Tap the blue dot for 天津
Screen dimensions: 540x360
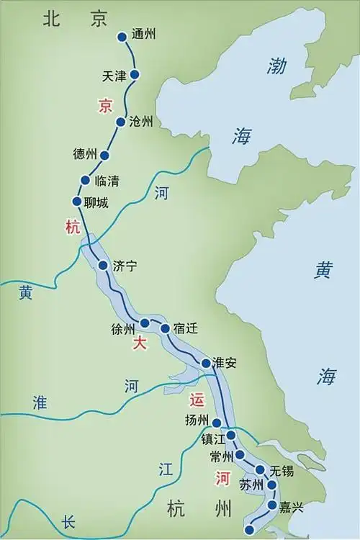click(134, 74)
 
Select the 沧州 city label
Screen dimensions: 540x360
click(141, 122)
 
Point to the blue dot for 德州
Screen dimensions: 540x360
click(104, 155)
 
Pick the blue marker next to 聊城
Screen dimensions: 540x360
click(77, 202)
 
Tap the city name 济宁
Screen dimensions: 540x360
click(125, 266)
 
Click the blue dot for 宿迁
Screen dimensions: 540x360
click(165, 328)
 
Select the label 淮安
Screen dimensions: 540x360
click(225, 363)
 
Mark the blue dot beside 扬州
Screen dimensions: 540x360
click(216, 423)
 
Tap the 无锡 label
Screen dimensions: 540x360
click(282, 472)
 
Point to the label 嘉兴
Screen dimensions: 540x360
click(292, 507)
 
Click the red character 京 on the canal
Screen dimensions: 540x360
click(106, 107)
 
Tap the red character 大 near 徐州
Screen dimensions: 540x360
click(140, 344)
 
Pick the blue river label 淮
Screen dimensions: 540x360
click(41, 403)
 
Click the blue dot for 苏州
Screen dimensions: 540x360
click(272, 485)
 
